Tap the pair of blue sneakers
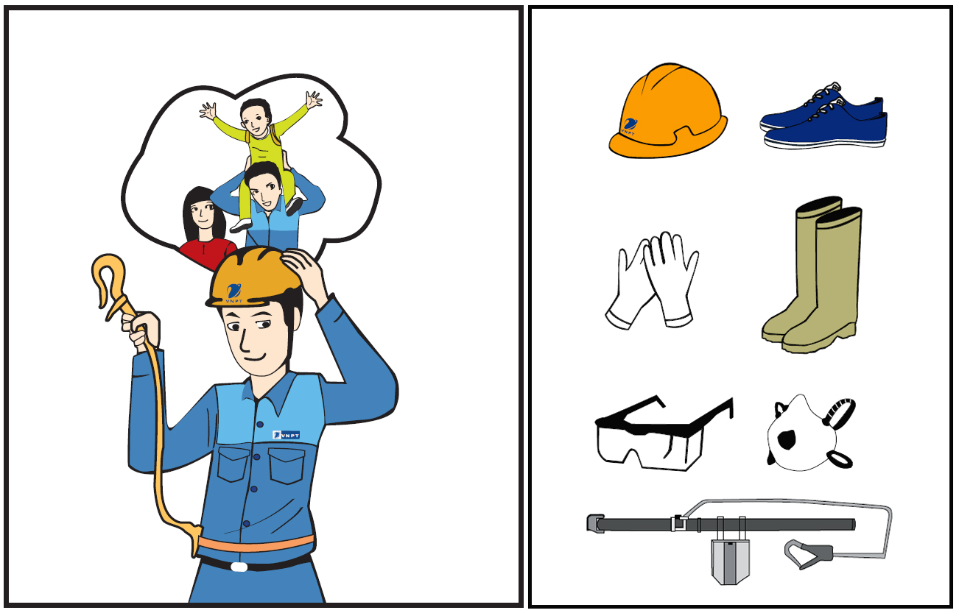click(x=823, y=118)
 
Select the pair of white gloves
click(x=652, y=280)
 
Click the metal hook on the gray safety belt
click(x=808, y=554)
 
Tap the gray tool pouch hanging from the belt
click(x=731, y=561)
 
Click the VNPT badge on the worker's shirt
click(x=286, y=435)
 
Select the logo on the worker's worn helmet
click(x=233, y=294)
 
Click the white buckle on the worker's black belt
click(x=239, y=567)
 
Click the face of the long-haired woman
click(x=202, y=214)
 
